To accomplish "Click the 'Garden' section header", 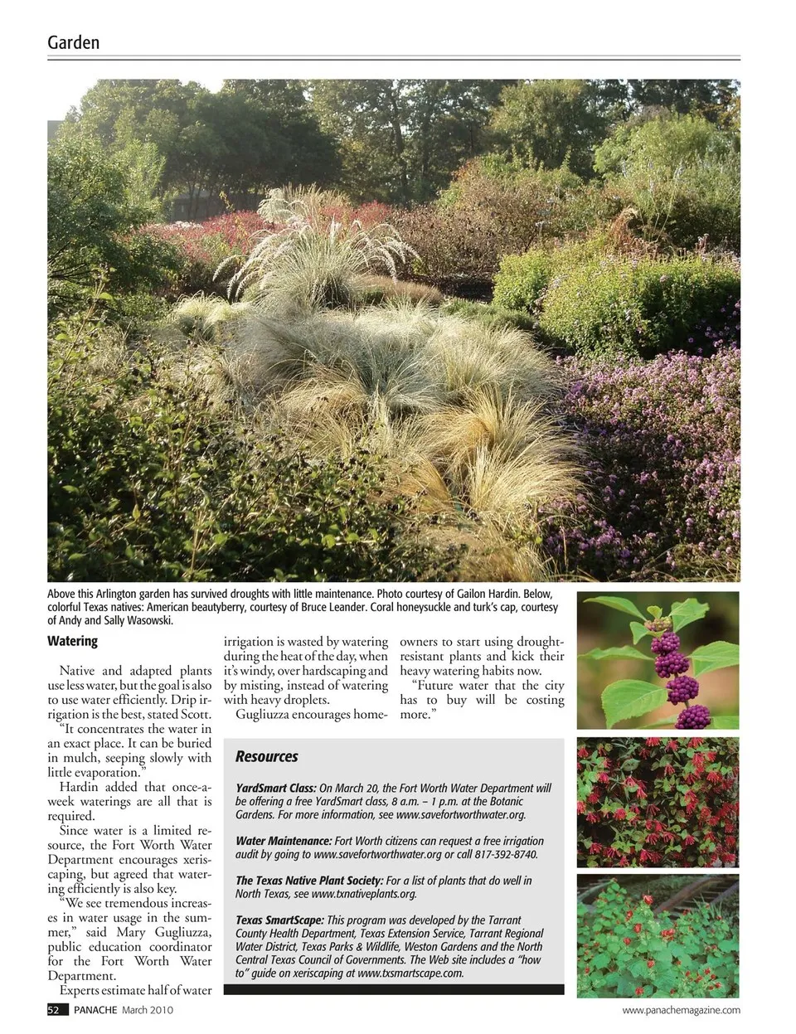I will [73, 42].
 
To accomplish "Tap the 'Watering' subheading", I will [72, 641].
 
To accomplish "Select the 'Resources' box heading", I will [266, 756].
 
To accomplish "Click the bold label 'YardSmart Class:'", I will [275, 788].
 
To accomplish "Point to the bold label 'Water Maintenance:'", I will [284, 841].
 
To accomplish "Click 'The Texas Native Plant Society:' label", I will [309, 881].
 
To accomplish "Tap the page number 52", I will [54, 1010].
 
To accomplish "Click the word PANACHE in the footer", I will [95, 1010].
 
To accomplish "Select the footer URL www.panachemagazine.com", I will [681, 1010].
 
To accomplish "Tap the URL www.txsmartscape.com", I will [410, 973].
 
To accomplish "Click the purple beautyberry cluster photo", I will [658, 660].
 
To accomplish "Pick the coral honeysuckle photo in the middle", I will [658, 802].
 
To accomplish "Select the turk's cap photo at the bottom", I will [658, 935].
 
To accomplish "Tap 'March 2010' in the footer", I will [148, 1010].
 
